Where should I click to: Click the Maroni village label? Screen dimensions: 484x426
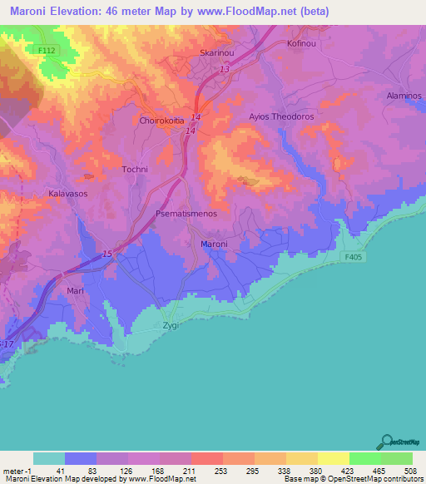pos(214,244)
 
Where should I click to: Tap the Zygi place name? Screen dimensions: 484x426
pos(170,327)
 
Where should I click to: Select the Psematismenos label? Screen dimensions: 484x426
pos(186,214)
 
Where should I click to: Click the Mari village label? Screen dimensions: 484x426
pos(75,292)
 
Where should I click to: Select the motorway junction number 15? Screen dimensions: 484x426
pos(107,254)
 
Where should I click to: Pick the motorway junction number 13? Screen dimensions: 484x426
pos(225,70)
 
